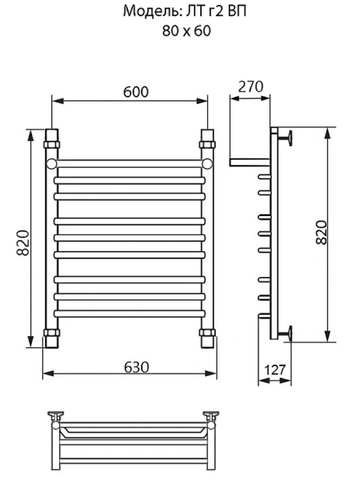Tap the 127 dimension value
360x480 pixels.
pyautogui.click(x=274, y=370)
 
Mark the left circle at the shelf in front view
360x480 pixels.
pyautogui.click(x=52, y=164)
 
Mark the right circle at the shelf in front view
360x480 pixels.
pyautogui.click(x=207, y=164)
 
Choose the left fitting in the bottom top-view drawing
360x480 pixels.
pyautogui.click(x=56, y=416)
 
